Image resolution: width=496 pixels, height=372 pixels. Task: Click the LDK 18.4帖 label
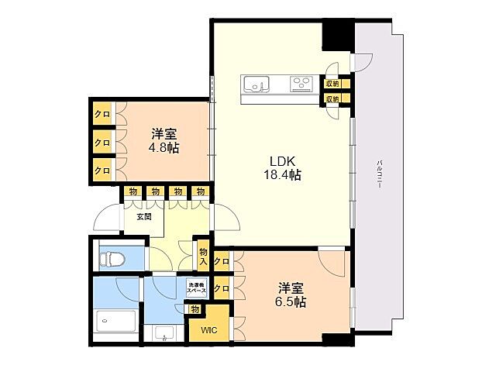tap(280, 168)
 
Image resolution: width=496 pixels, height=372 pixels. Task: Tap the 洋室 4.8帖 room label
tap(164, 140)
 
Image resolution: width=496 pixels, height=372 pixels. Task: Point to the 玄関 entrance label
tap(144, 217)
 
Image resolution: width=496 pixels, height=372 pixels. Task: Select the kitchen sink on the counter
tap(257, 83)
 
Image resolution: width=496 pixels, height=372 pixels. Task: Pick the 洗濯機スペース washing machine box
tap(196, 288)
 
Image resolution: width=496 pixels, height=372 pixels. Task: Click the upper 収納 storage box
tap(332, 83)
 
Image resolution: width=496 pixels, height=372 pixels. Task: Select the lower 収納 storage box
tap(332, 98)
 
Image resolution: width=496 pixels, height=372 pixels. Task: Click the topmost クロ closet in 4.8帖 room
tap(102, 115)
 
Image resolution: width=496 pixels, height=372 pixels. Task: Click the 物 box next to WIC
tap(195, 309)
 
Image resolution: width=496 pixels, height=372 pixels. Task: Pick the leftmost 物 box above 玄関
tap(134, 192)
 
